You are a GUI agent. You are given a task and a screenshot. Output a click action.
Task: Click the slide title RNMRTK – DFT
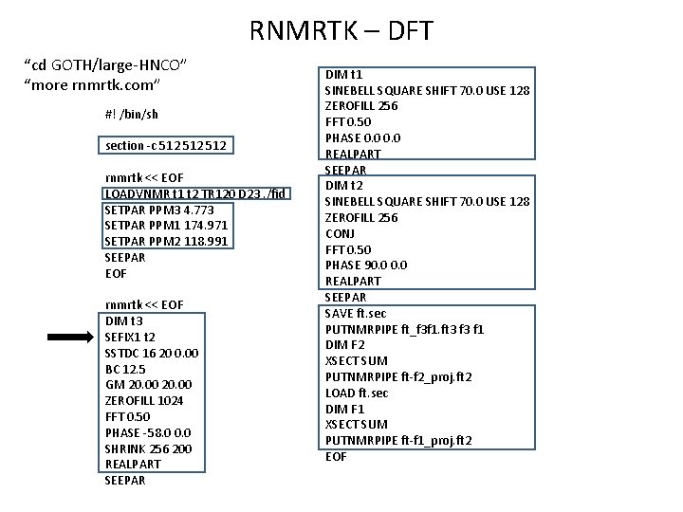coord(341,31)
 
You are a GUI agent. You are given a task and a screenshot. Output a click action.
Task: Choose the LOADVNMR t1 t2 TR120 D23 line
coord(194,193)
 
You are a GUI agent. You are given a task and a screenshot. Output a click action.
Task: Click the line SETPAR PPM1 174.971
coord(165,226)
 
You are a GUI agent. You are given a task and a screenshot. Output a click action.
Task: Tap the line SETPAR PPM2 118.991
coord(165,242)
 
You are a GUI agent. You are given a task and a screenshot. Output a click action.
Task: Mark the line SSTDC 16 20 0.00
coord(152,353)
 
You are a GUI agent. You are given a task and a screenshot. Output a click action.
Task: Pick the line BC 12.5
coord(127,369)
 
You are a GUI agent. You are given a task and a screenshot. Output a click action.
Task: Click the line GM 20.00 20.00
coord(150,384)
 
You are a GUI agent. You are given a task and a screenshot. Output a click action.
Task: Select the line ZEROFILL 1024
coord(144,400)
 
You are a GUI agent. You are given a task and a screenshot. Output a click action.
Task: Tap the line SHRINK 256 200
coord(149,448)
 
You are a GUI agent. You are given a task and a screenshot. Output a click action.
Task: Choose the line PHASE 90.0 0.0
coord(366,265)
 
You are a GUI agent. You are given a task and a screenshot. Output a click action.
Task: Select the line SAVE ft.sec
coord(356,313)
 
